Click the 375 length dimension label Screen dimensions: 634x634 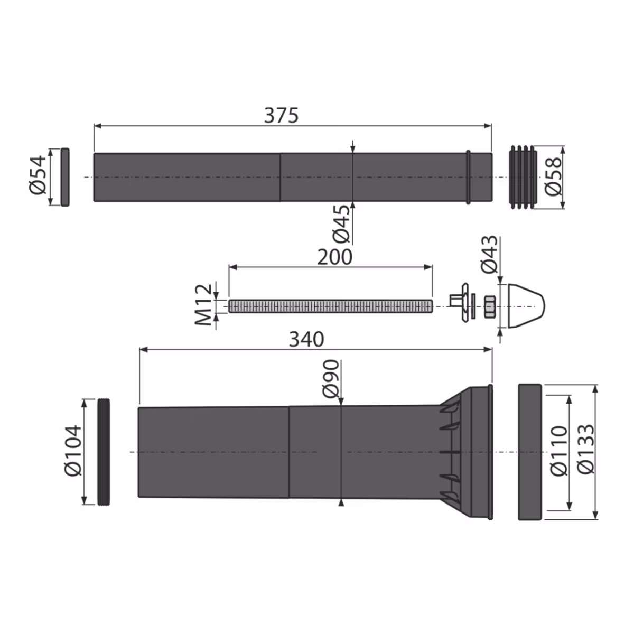pos(281,115)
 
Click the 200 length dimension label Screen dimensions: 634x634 pos(334,257)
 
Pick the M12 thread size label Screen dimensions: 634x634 pos(204,305)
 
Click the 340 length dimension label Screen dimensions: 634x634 pos(306,339)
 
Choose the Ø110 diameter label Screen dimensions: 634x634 pos(558,451)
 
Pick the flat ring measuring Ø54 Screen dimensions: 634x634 pos(65,177)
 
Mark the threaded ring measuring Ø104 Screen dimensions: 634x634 pos(105,452)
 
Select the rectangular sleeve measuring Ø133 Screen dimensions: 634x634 pos(529,452)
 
